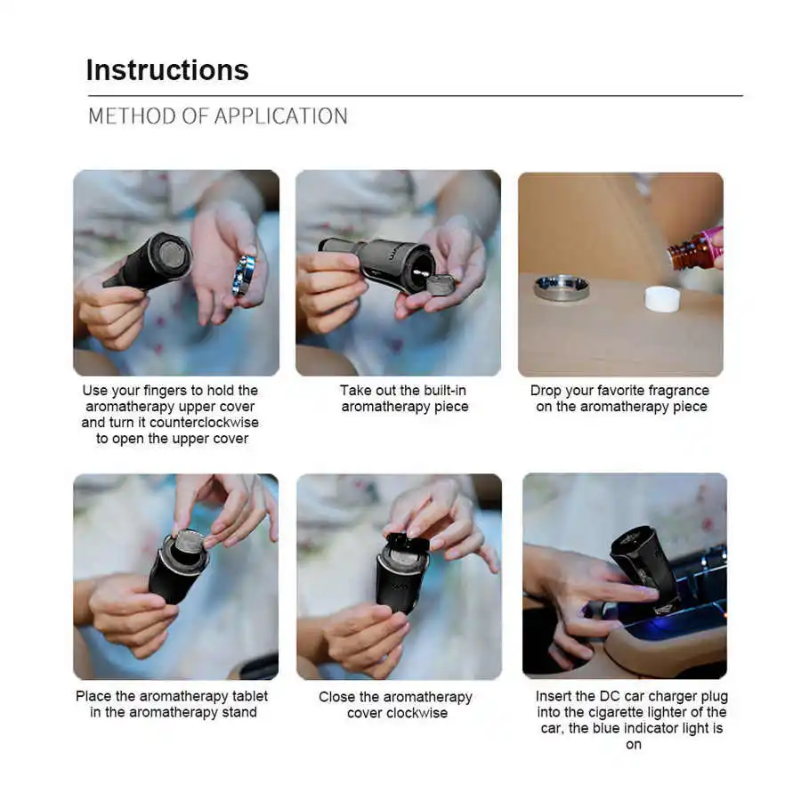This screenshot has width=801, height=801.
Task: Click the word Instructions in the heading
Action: (167, 70)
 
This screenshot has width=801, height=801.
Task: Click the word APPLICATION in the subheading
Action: (281, 117)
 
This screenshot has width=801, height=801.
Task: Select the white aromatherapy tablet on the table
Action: (662, 299)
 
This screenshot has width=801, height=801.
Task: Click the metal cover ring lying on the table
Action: (562, 287)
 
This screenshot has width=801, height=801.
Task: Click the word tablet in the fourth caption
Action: (250, 696)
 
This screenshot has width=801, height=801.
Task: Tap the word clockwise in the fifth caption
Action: (417, 713)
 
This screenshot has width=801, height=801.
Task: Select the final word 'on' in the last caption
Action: (634, 745)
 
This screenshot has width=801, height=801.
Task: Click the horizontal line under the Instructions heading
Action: (416, 95)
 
